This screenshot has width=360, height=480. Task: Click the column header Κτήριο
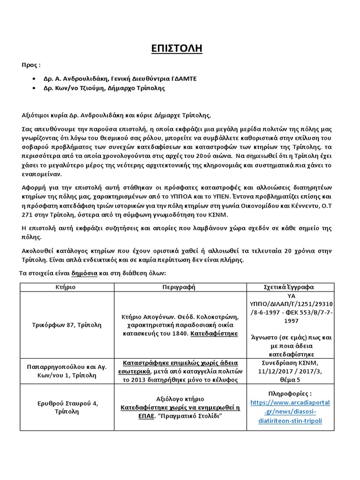(67, 287)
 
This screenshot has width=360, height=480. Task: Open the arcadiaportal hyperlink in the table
(290, 412)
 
